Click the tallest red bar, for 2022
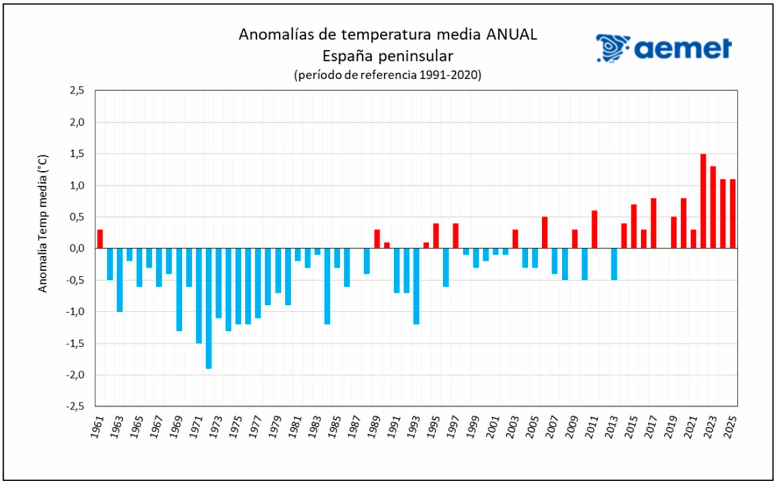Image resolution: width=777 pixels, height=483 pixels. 703,201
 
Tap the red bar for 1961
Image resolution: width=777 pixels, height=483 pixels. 100,239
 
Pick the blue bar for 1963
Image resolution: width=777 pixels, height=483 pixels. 120,279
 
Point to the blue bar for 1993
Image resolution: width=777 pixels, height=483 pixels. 416,286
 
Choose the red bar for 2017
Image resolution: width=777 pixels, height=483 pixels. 654,223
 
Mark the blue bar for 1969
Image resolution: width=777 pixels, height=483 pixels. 179,289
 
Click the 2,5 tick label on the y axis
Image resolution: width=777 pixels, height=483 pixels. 78,91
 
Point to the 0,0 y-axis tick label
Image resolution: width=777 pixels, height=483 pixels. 78,248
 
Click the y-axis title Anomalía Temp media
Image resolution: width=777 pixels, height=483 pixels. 43,223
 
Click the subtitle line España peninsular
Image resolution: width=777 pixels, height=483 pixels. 388,56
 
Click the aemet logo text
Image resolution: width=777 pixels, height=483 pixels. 683,48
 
